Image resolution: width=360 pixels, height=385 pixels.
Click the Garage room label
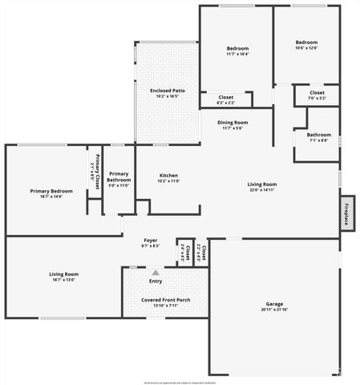click(275, 304)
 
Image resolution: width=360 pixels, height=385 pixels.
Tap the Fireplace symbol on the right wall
click(347, 212)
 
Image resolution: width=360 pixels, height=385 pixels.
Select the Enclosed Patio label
click(168, 91)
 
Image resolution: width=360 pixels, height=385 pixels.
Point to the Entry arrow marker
click(156, 273)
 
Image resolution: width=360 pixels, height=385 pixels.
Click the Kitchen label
click(168, 176)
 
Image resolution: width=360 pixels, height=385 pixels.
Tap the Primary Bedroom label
click(51, 191)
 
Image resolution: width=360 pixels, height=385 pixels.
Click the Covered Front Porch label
click(166, 300)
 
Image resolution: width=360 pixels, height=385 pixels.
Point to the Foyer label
click(151, 240)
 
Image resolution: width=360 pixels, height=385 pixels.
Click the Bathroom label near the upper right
click(318, 135)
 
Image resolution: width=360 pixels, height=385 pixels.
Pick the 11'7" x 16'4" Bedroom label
click(237, 48)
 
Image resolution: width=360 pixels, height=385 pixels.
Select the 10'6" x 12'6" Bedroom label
click(306, 43)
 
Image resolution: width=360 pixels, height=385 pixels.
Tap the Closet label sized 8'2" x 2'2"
click(226, 97)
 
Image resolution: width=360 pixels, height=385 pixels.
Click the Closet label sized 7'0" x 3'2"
click(317, 93)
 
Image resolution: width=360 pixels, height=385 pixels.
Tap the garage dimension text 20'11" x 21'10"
click(275, 310)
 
